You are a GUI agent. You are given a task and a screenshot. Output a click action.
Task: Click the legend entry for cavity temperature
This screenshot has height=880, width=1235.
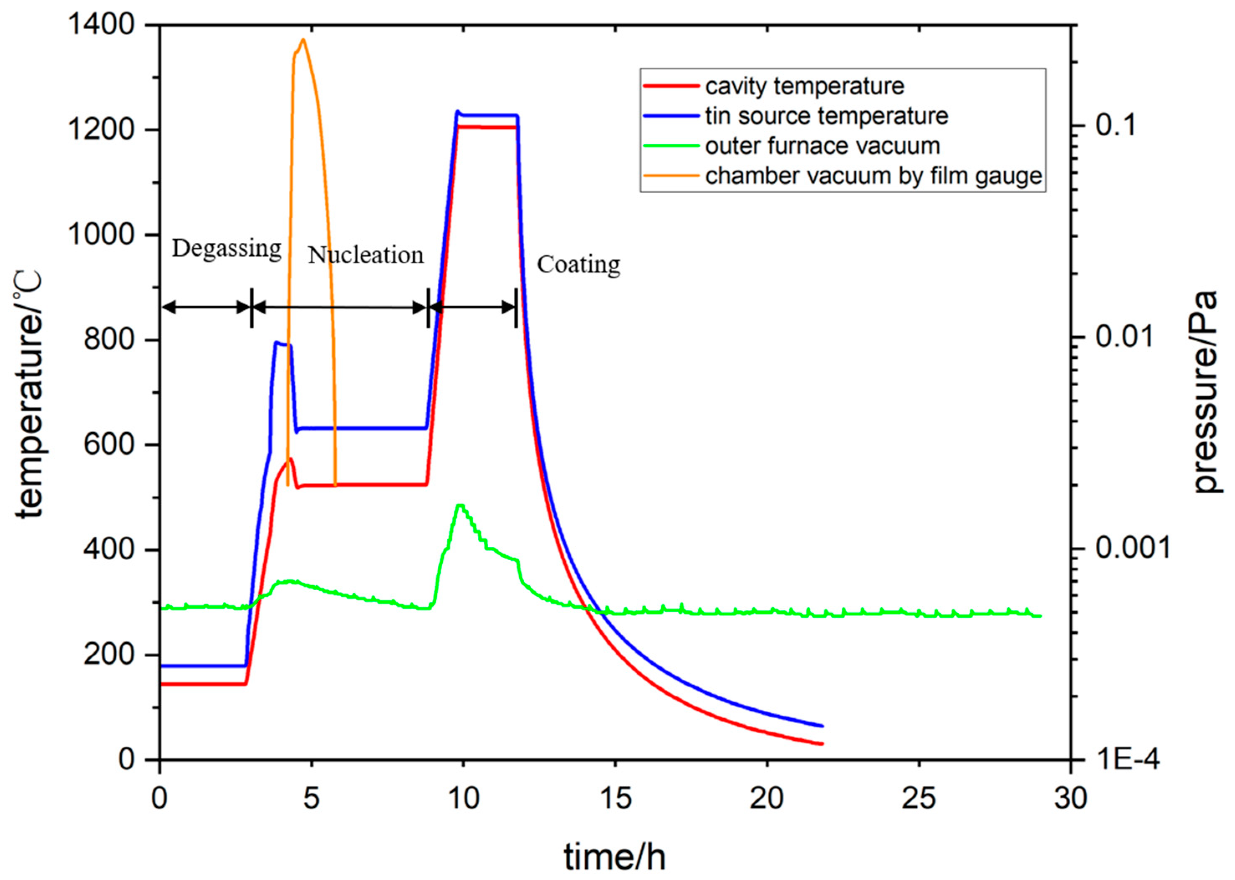(804, 86)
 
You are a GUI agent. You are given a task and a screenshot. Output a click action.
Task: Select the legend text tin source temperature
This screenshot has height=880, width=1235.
(827, 116)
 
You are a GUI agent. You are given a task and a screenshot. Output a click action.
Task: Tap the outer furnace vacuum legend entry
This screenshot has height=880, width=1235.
(822, 146)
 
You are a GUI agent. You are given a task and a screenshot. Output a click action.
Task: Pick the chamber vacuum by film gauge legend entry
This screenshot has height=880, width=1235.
(873, 176)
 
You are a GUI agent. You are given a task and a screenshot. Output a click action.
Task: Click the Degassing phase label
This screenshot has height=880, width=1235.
(227, 249)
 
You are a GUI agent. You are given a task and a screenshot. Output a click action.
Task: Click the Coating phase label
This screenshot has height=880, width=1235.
(578, 265)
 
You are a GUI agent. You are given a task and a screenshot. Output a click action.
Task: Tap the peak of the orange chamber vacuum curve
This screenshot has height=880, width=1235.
(303, 40)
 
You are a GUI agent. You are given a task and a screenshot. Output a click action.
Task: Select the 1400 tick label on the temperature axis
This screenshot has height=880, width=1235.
(101, 25)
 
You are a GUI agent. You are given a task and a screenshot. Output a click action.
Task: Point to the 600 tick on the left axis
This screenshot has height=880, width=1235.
(108, 444)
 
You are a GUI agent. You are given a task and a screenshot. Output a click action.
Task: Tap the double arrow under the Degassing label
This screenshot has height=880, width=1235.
(207, 307)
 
